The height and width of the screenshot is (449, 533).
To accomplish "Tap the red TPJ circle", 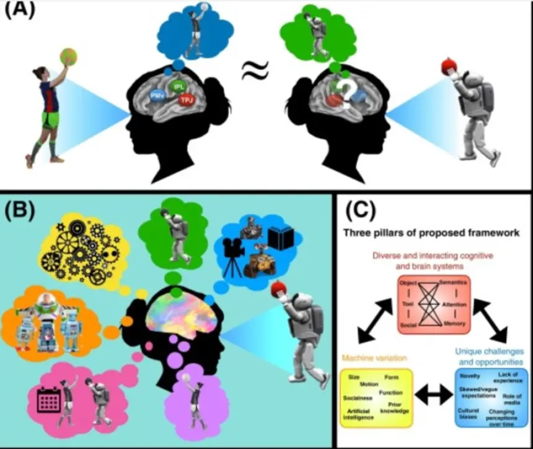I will point(185,99).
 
